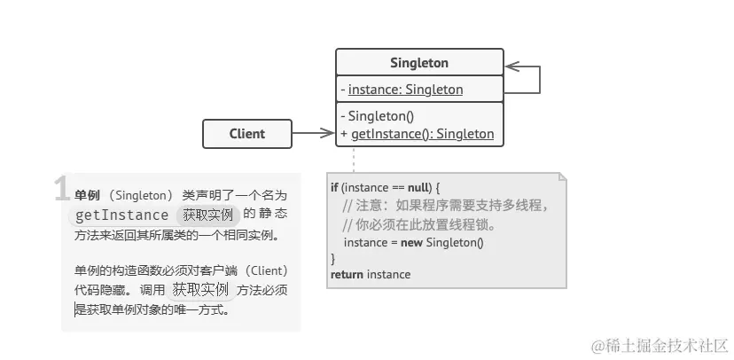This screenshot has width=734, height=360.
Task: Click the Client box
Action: pyautogui.click(x=246, y=134)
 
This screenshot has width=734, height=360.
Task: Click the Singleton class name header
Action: pyautogui.click(x=419, y=63)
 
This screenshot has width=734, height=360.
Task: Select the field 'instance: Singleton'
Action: pyautogui.click(x=405, y=89)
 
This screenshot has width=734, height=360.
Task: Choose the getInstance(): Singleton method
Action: pyautogui.click(x=422, y=134)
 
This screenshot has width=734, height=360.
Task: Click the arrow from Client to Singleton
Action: pyautogui.click(x=313, y=134)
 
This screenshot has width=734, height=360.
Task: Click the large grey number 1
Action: pyautogui.click(x=62, y=189)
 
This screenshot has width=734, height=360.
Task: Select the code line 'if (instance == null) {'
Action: pyautogui.click(x=385, y=188)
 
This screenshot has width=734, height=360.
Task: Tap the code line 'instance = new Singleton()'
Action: pyautogui.click(x=413, y=241)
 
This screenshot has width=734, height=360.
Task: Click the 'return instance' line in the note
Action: pyautogui.click(x=371, y=274)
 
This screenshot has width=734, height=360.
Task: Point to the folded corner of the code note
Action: pyautogui.click(x=559, y=179)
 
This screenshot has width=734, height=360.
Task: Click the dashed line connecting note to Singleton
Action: pyautogui.click(x=354, y=160)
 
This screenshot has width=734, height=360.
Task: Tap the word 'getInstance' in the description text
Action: pyautogui.click(x=121, y=215)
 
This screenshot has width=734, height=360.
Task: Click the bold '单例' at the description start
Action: pyautogui.click(x=87, y=194)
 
